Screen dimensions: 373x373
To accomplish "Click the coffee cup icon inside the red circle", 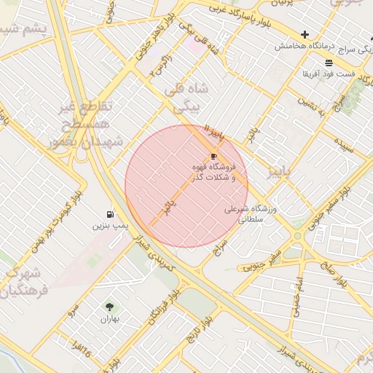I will pyautogui.click(x=213, y=156).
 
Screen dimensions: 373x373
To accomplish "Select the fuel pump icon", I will pyautogui.click(x=110, y=214).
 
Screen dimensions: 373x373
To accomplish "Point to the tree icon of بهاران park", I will pyautogui.click(x=110, y=307).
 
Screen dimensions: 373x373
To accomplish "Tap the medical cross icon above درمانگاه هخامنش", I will pyautogui.click(x=305, y=34).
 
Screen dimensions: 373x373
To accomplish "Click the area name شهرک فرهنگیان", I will pyautogui.click(x=22, y=283).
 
